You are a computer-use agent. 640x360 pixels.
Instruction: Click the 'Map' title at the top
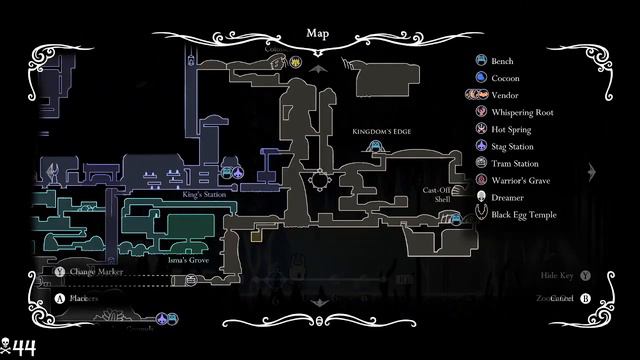coord(319,33)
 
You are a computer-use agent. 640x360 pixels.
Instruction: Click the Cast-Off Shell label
coord(436,194)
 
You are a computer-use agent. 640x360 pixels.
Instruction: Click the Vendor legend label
coord(506,95)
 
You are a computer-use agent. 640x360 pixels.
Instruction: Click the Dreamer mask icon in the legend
coord(481,198)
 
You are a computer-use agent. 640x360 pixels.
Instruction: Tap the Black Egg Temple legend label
coord(531,215)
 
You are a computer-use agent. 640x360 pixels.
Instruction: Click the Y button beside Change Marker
coord(59,271)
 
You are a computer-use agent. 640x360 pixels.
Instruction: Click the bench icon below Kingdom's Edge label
coord(376,147)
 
